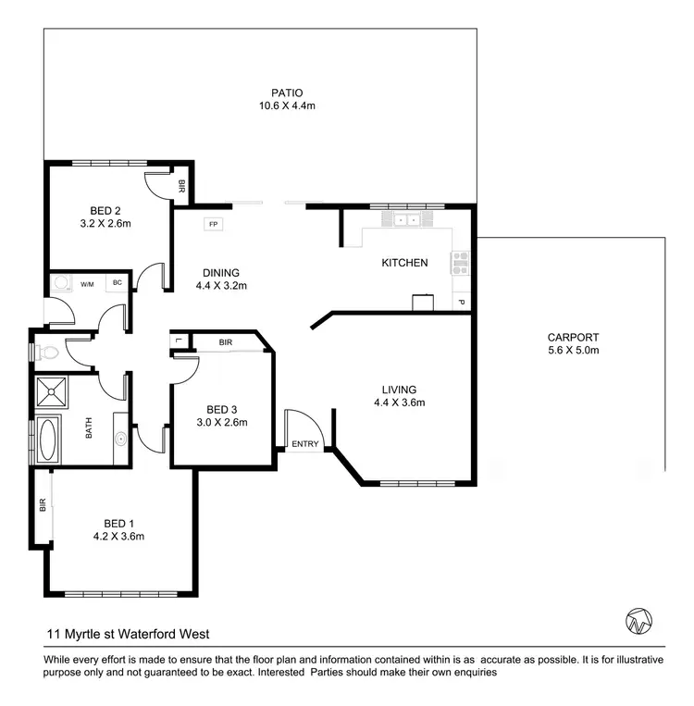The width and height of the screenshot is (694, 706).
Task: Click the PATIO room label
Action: tap(287, 93)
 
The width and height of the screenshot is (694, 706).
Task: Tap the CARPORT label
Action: tap(574, 338)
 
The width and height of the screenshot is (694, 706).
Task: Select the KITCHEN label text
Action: tap(404, 263)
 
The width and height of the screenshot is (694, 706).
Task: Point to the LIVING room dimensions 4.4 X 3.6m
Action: tap(399, 403)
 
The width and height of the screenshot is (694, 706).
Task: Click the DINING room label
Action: tap(221, 273)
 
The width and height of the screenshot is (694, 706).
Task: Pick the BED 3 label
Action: tap(223, 410)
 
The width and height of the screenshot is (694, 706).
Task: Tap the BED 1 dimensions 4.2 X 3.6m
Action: tap(118, 536)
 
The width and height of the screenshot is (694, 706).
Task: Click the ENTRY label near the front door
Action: tap(304, 444)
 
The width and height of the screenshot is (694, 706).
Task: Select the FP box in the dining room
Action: tap(214, 225)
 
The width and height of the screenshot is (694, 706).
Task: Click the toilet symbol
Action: tap(45, 353)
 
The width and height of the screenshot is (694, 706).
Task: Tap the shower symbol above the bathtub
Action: tap(51, 392)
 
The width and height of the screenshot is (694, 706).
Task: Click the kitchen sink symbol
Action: tap(404, 220)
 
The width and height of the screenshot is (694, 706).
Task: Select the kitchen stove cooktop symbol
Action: tap(459, 262)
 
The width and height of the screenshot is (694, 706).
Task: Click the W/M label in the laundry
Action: tap(88, 283)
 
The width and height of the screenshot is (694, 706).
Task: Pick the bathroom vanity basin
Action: tap(121, 439)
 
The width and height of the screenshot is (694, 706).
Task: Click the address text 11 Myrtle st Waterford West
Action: tap(128, 634)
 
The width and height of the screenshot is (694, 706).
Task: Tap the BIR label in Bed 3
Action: tap(226, 342)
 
